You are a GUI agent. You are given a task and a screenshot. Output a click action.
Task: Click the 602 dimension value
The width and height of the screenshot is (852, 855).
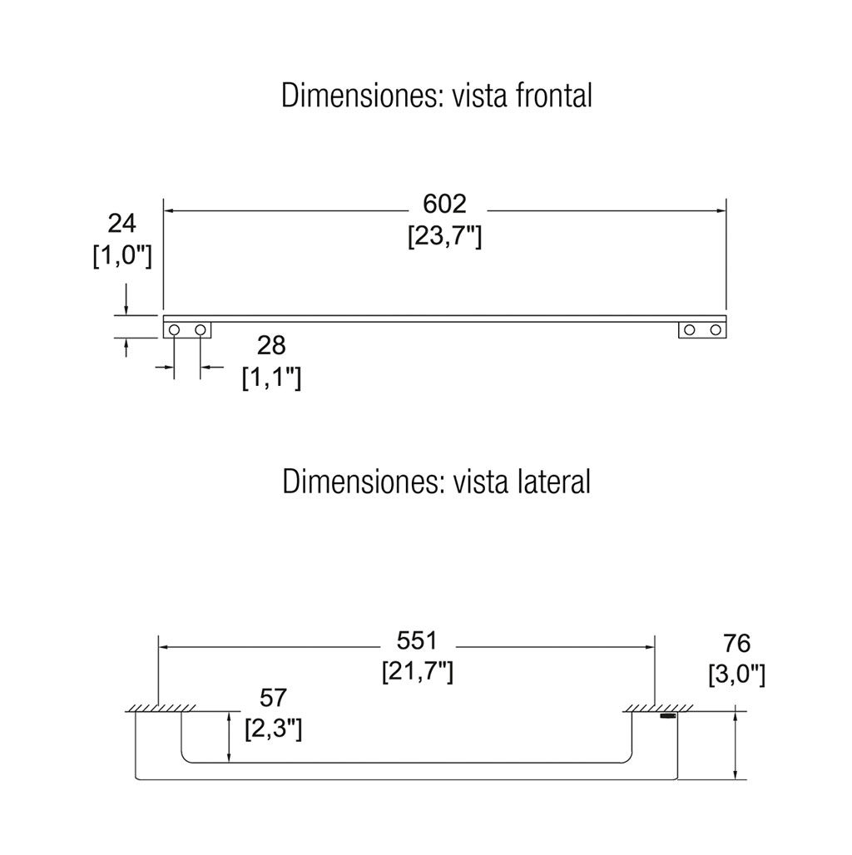pos(444,204)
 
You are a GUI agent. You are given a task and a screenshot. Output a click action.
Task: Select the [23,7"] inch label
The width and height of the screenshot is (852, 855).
pos(444,237)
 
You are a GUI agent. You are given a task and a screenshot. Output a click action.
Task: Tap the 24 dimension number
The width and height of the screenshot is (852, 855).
pos(121,224)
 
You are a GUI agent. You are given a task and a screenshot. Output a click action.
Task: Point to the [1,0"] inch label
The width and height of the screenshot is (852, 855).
pos(122,255)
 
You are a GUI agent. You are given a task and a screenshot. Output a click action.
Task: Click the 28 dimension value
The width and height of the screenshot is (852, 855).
pos(271,346)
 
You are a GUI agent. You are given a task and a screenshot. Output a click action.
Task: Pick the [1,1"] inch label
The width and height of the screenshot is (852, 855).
pos(271,377)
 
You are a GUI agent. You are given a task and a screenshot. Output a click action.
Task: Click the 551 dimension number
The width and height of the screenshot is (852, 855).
pos(418,640)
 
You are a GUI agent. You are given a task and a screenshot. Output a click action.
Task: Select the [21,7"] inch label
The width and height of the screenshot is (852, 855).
pos(418,671)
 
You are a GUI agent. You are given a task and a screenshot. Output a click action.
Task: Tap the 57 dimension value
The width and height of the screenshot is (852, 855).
pos(273,698)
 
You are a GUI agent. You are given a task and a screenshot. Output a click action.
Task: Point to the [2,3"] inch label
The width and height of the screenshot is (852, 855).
pos(273,729)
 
